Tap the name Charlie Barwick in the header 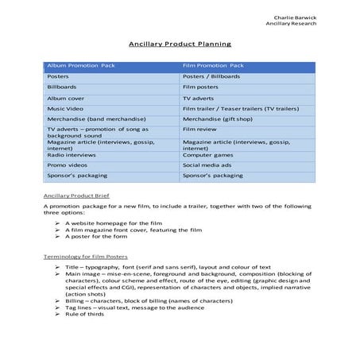pyautogui.click(x=295, y=17)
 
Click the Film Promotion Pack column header pyautogui.click(x=214, y=65)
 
